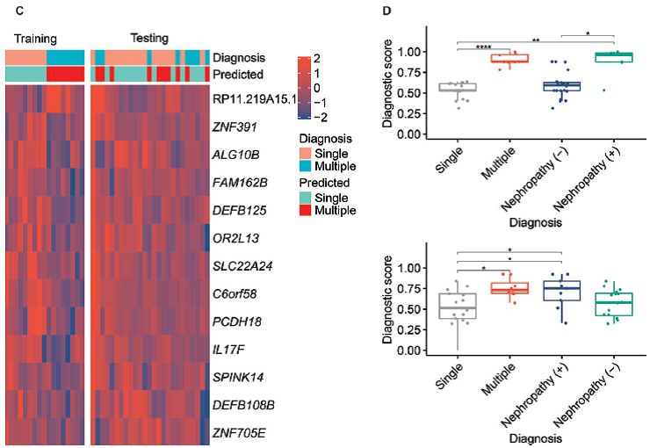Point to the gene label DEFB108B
pos(240,405)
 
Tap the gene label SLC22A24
pos(240,267)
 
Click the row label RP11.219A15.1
pos(252,99)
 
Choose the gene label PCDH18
pos(233,322)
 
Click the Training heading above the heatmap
pos(35,39)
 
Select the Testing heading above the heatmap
pos(149,38)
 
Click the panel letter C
pos(9,9)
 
